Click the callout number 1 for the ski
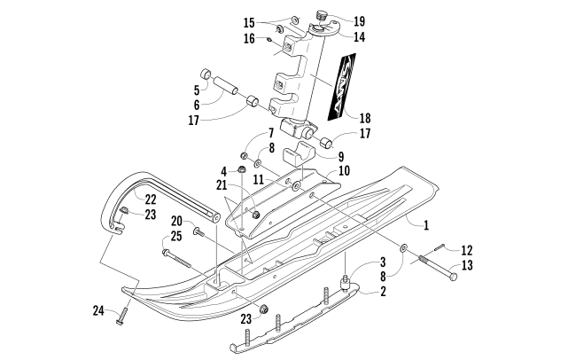[426, 225]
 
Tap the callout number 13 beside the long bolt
[467, 265]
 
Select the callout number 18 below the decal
[365, 119]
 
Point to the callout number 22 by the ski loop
[151, 200]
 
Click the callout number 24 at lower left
[98, 311]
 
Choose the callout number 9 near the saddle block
[341, 157]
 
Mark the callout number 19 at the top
[360, 21]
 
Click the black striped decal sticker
[342, 86]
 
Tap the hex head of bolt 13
[454, 276]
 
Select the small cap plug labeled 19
[322, 15]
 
